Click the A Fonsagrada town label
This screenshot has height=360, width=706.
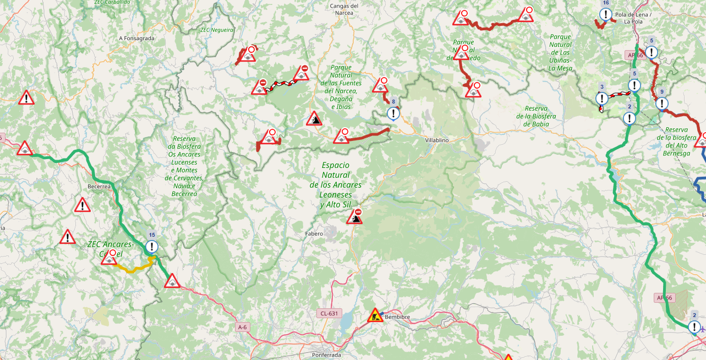[136, 39]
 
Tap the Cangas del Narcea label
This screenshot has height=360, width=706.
[344, 10]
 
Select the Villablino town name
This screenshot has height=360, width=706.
[437, 140]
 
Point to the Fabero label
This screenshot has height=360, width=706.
[314, 233]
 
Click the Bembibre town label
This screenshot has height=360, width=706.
[397, 317]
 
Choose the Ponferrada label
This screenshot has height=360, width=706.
[326, 355]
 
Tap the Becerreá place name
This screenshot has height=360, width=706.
[99, 187]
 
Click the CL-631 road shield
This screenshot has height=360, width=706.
[329, 313]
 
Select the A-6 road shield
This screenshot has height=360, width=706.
[243, 328]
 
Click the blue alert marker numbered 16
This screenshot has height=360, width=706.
[606, 14]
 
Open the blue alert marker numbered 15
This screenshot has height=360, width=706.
[152, 247]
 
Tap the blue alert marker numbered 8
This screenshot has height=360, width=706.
[393, 113]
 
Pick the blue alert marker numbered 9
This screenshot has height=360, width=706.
[662, 103]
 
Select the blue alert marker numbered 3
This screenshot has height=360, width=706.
[602, 99]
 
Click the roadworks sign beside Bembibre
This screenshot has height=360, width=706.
[375, 315]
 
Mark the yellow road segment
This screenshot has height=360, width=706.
[134, 269]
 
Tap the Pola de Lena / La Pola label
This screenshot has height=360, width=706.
[633, 18]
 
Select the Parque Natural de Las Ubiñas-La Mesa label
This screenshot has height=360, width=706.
[560, 52]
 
